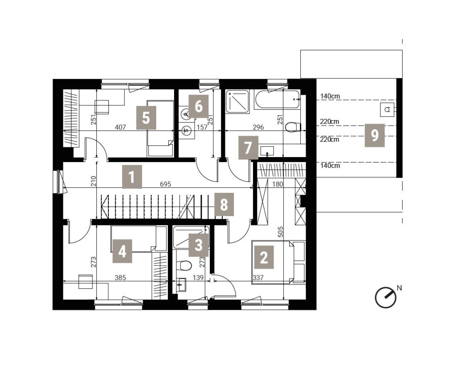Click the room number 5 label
pos(146,118)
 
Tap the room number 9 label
pos(374,135)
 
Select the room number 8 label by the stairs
pos(224,204)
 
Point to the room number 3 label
pos(199,245)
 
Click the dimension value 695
pos(166,184)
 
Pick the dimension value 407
pos(120,127)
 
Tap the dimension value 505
pos(280,232)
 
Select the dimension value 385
pos(120,278)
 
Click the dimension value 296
pos(258,127)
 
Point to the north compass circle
pos(386,298)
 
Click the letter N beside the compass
pos(399,288)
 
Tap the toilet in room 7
pos(293,127)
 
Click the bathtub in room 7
pos(277,100)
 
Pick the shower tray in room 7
pos(237,101)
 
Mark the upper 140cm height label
pos(330,96)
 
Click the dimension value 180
pos(277,184)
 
